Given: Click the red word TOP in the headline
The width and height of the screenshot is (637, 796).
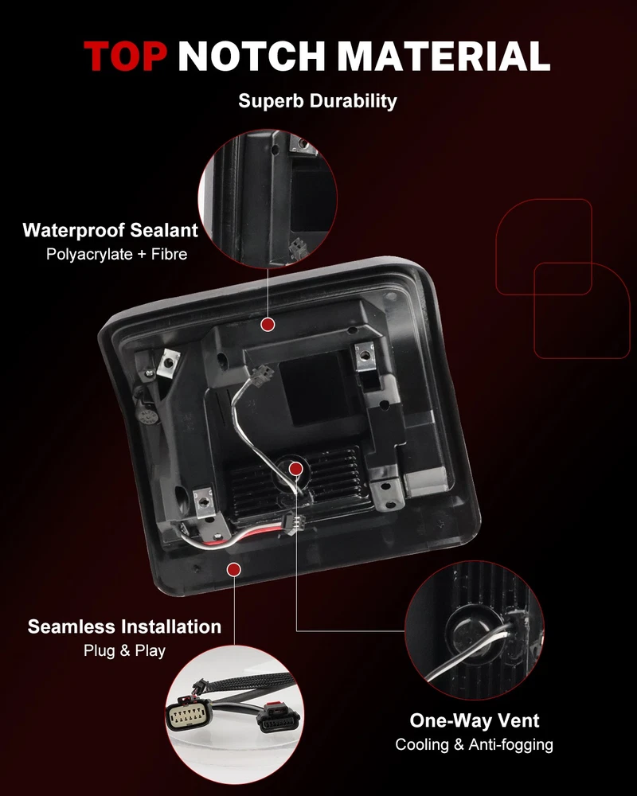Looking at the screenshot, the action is pos(125,56).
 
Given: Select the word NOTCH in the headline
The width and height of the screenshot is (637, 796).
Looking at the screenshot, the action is pos(252,56).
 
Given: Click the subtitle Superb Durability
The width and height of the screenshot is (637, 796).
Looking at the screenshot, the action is pos(318,101).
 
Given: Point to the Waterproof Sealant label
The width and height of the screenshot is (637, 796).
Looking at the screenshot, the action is pos(110,231).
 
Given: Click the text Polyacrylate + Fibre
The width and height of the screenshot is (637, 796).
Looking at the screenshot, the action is pos(117,255).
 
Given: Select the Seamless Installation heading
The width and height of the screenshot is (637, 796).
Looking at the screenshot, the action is pos(124,627).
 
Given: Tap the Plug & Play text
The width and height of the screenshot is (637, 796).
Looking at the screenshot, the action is pos(124,651).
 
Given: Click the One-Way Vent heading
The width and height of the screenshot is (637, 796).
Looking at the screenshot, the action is pos(475,721).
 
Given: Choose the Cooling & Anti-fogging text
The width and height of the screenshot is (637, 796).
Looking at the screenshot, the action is pos(475,745).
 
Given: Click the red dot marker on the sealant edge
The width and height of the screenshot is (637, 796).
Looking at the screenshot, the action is pos(268,325).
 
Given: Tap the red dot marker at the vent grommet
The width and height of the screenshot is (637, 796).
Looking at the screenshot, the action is pos(295,469).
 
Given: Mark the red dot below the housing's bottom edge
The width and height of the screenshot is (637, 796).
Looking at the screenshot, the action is pos(233,570).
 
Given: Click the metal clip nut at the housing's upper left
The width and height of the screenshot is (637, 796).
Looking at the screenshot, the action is pos(169,362).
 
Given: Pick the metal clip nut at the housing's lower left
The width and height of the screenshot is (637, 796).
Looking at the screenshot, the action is pos(205,502).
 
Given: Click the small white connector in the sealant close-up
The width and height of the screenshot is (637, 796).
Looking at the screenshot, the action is pos(298,248).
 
